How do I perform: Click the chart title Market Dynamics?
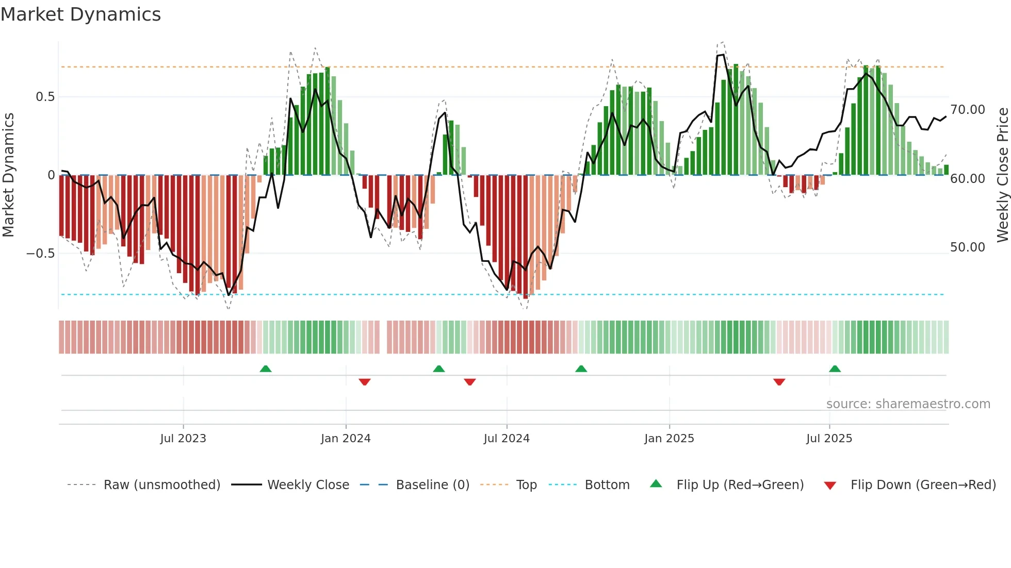(80, 14)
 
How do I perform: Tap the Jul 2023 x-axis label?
(183, 438)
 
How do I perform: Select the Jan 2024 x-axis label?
(346, 438)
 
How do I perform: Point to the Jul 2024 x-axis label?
(507, 438)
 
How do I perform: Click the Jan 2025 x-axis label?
(669, 438)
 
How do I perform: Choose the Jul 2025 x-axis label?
(829, 438)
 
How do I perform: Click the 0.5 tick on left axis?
(45, 97)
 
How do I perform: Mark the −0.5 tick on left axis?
(40, 253)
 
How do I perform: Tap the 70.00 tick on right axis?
(968, 110)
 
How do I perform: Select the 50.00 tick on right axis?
(968, 247)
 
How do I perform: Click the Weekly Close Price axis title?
(1002, 175)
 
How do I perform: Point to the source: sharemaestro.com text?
(908, 404)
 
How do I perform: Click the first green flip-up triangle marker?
(266, 369)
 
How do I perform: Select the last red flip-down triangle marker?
(779, 382)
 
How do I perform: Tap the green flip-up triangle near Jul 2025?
(835, 369)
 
